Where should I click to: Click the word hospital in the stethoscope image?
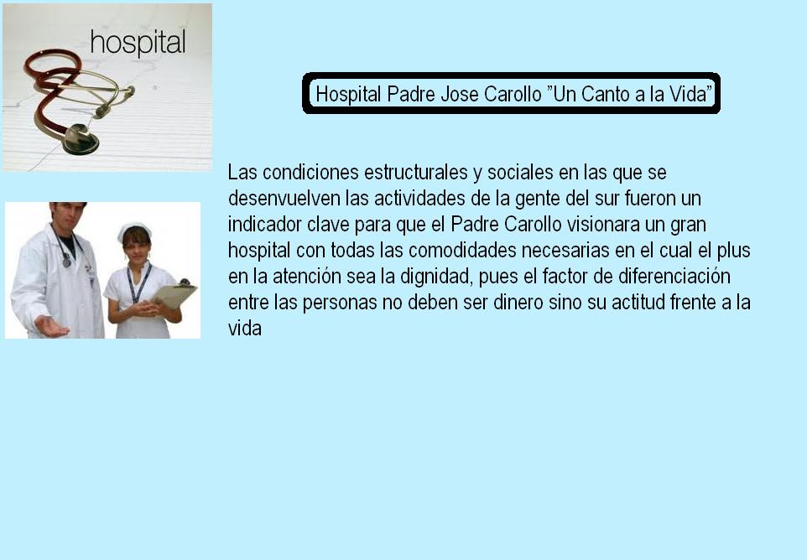138,42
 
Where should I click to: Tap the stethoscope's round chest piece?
81,139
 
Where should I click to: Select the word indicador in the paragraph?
264,225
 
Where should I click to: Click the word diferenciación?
674,277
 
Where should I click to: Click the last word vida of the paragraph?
244,329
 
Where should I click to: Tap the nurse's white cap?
134,230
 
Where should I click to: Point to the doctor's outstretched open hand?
51,326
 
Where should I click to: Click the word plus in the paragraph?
733,251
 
